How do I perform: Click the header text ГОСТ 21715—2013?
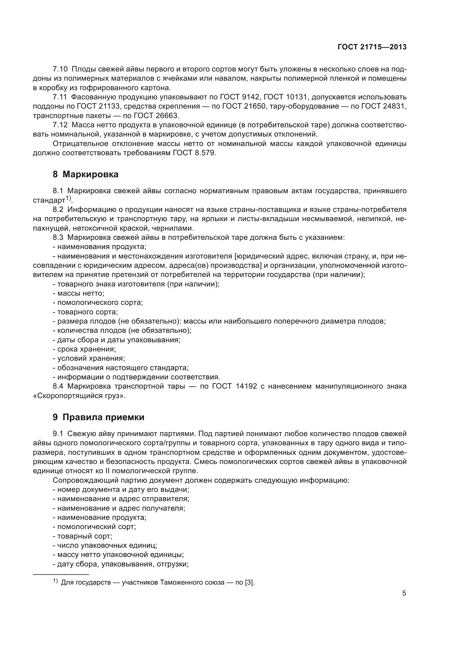(x=372, y=47)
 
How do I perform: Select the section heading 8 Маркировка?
(x=85, y=174)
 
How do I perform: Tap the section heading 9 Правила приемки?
(x=98, y=417)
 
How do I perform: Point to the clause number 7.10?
(x=60, y=69)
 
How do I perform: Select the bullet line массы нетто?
(x=79, y=293)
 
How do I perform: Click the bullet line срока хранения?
(x=84, y=349)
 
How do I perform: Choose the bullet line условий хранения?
(x=89, y=358)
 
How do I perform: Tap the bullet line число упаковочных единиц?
(x=105, y=545)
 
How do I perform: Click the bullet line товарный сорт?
(x=82, y=536)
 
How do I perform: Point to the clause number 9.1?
(x=58, y=434)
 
